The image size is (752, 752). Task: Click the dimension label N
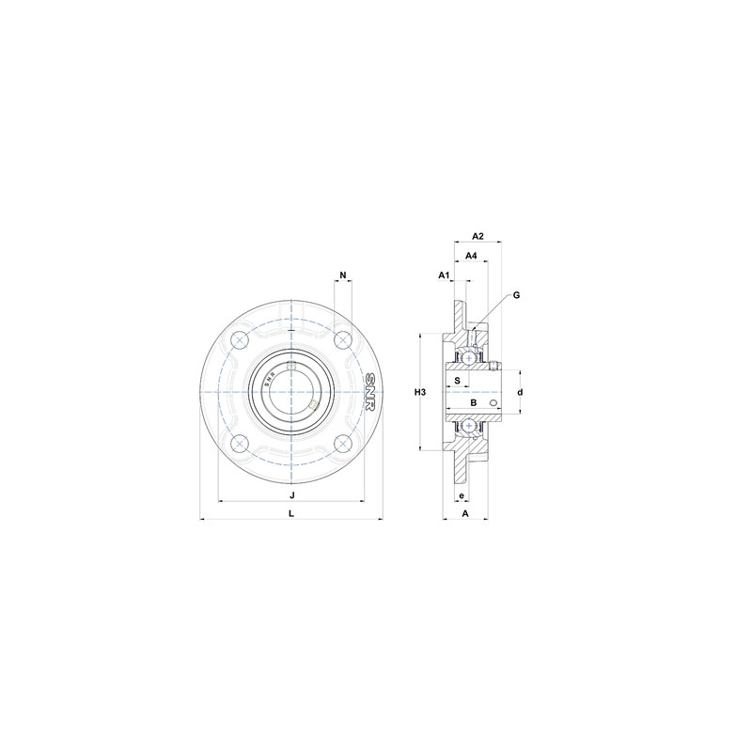pyautogui.click(x=343, y=275)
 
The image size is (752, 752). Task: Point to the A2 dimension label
pyautogui.click(x=477, y=236)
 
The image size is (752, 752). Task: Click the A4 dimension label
pyautogui.click(x=471, y=255)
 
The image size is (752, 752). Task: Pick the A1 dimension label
pyautogui.click(x=445, y=274)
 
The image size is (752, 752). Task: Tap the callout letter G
pyautogui.click(x=516, y=295)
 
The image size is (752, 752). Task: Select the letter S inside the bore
pyautogui.click(x=457, y=381)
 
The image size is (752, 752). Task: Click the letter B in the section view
pyautogui.click(x=474, y=402)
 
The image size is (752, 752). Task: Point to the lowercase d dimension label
pyautogui.click(x=520, y=392)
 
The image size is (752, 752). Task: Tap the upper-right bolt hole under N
pyautogui.click(x=344, y=337)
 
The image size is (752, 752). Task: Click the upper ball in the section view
pyautogui.click(x=466, y=358)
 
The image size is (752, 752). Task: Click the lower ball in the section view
pyautogui.click(x=466, y=425)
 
